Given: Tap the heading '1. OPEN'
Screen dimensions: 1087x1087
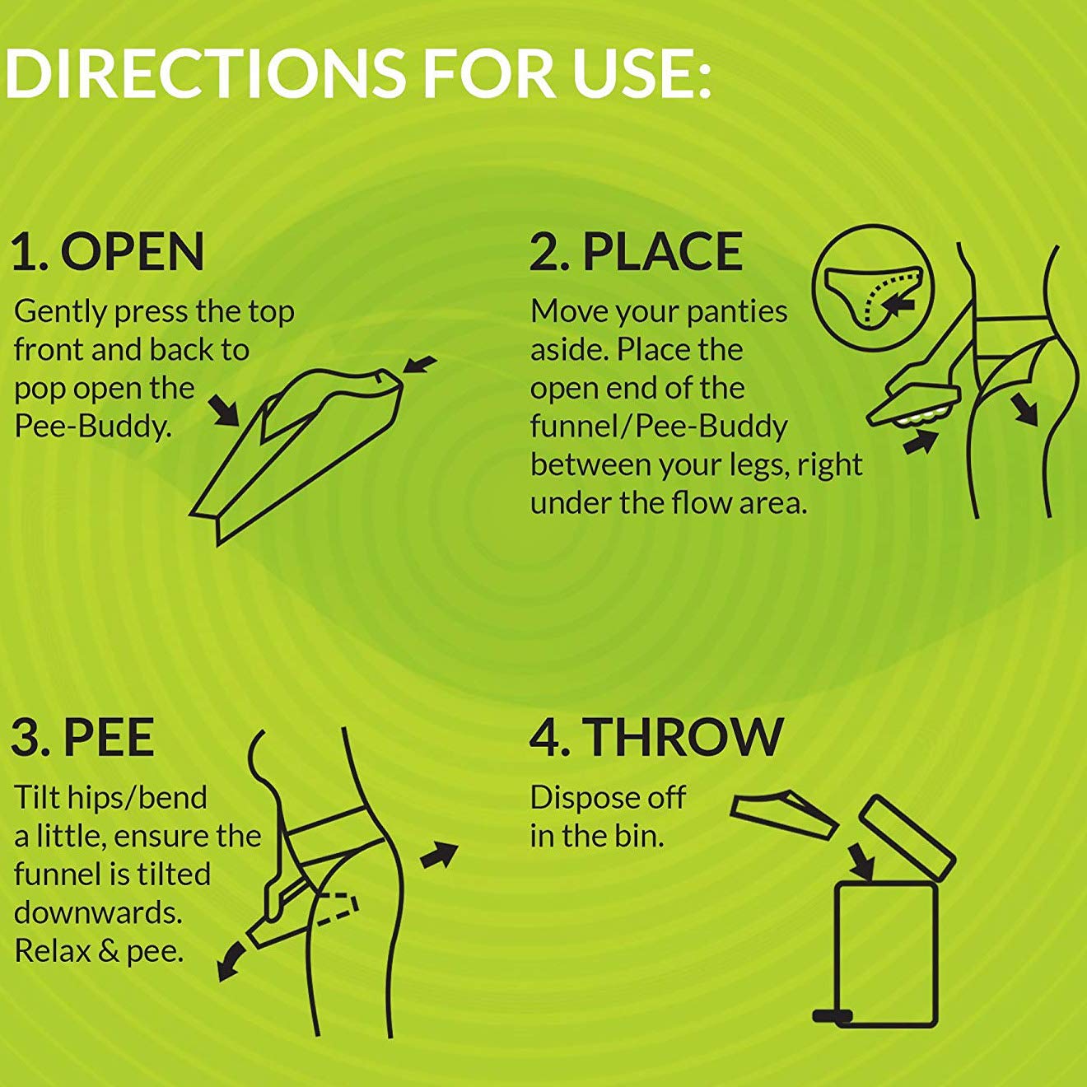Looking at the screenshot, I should (108, 252).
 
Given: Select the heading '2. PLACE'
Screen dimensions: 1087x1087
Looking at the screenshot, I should (636, 252).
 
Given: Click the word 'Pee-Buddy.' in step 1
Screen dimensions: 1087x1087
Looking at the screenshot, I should (92, 427).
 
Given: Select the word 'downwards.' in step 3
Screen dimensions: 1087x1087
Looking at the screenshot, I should (98, 912).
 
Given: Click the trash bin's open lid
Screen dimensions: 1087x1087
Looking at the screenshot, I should (907, 837).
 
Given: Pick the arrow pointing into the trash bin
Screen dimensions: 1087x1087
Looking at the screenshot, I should (861, 861).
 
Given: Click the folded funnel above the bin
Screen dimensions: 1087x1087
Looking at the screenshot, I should (784, 814).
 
